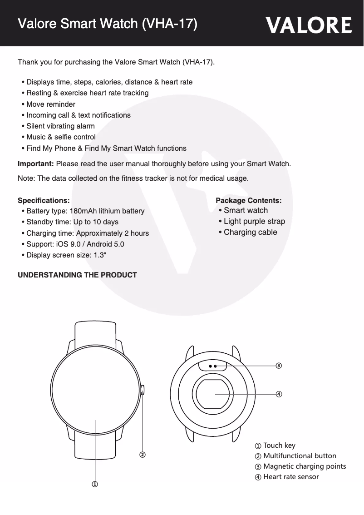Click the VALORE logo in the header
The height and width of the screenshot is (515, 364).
[309, 25]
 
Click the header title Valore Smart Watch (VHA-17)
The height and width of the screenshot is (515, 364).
[107, 24]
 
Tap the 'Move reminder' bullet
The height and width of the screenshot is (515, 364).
[51, 104]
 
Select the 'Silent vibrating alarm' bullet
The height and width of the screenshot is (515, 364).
[60, 126]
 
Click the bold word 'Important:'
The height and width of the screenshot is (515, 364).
[36, 163]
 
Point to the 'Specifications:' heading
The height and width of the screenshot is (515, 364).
[44, 200]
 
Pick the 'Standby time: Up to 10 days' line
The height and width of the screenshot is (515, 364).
[72, 222]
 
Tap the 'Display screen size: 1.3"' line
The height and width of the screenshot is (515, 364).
[67, 255]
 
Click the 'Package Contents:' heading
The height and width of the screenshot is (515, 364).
[248, 200]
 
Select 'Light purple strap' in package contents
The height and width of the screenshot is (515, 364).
[254, 222]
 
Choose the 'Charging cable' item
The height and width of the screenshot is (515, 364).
[250, 233]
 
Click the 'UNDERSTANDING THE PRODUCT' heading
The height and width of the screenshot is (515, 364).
[77, 275]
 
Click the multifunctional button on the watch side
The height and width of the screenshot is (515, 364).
[143, 390]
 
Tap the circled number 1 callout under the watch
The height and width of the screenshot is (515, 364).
[95, 485]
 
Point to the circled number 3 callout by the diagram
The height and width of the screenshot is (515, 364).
[279, 365]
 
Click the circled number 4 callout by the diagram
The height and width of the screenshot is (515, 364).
[279, 394]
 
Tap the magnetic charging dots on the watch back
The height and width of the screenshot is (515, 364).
[212, 365]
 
